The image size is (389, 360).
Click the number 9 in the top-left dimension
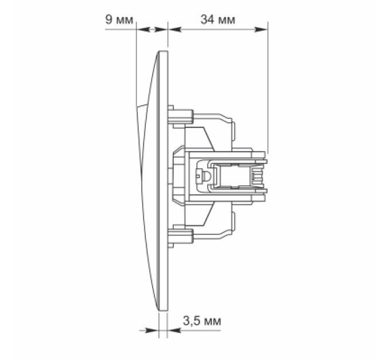pos(109,19)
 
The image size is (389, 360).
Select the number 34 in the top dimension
pos(208,19)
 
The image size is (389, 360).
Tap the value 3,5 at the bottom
pos(192,321)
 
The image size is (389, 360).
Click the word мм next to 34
pos(226,21)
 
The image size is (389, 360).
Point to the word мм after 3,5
pos(212,322)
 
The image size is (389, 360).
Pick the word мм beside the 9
pos(125,21)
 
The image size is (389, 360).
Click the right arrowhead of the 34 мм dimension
pos(261,30)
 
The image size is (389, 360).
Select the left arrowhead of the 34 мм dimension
pos(174,30)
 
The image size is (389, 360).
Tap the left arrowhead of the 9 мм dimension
pos(143,30)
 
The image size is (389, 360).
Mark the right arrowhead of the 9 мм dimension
pos(161,30)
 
